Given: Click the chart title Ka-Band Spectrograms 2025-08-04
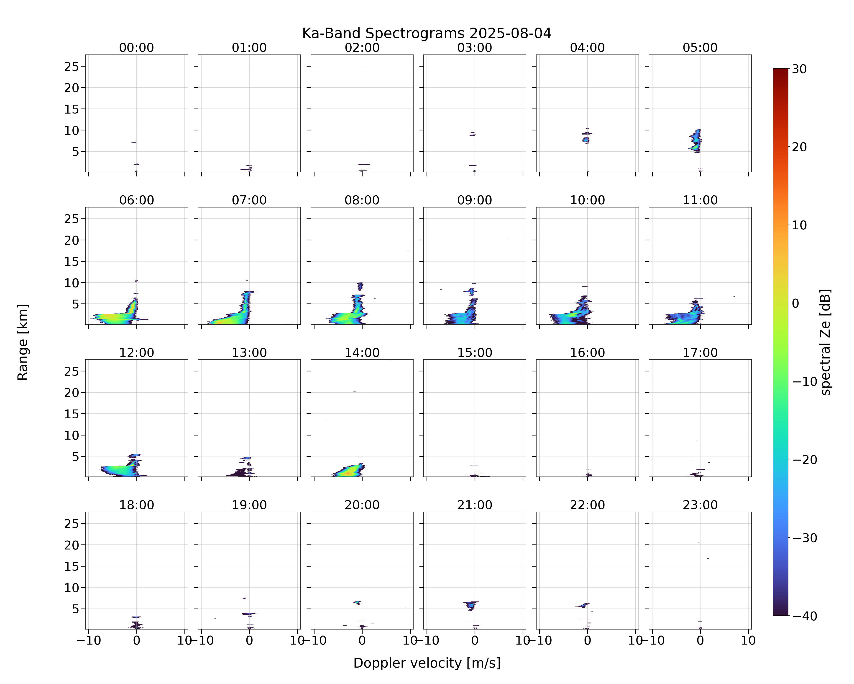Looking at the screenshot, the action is tap(427, 33).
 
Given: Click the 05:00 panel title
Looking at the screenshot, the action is tap(700, 48).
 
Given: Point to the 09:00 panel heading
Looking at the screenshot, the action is tap(475, 200).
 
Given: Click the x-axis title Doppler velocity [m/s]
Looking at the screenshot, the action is tap(427, 663).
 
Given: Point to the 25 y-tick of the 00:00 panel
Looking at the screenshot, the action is tap(72, 67).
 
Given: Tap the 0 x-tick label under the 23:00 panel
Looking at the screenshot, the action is tap(700, 640).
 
